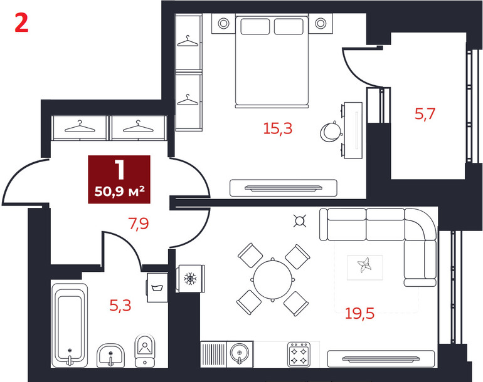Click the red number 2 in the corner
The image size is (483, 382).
pos(21,24)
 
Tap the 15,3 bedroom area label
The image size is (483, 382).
pos(277,128)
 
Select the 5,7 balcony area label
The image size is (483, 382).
pos(425,114)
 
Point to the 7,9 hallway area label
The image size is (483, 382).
pos(139,224)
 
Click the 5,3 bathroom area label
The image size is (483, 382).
pos(120,306)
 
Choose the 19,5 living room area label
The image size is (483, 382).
pos(359,313)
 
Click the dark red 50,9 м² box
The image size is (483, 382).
pos(119,179)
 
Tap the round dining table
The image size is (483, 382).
pos(273,279)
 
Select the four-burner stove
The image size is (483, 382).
pos(299,354)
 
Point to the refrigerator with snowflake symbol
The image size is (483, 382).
pos(190,279)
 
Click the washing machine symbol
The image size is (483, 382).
pos(157,287)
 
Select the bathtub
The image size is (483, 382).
pos(70,326)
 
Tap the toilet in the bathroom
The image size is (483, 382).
pos(145,351)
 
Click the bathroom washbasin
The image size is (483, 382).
pos(110,355)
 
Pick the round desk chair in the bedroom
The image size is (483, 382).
pos(331,132)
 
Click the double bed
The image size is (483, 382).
pos(272,61)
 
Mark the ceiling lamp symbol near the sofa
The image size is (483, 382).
pos(300,221)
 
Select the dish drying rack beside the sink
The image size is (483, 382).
pos(213,354)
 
